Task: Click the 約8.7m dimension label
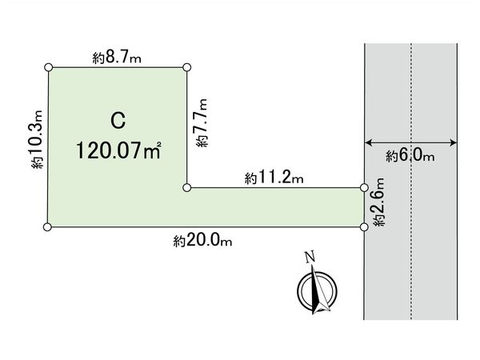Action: tap(116, 57)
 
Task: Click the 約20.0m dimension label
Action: tap(202, 239)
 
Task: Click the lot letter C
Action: tap(118, 122)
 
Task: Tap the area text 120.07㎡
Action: tap(119, 150)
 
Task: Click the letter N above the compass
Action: tap(308, 258)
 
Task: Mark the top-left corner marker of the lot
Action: tap(50, 68)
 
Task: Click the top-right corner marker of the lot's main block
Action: tap(187, 68)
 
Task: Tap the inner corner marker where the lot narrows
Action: tap(187, 188)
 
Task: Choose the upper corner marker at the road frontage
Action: tap(364, 188)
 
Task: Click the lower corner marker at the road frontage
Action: tap(364, 227)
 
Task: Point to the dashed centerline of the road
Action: tap(411, 96)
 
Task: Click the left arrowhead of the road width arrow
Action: tap(368, 143)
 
